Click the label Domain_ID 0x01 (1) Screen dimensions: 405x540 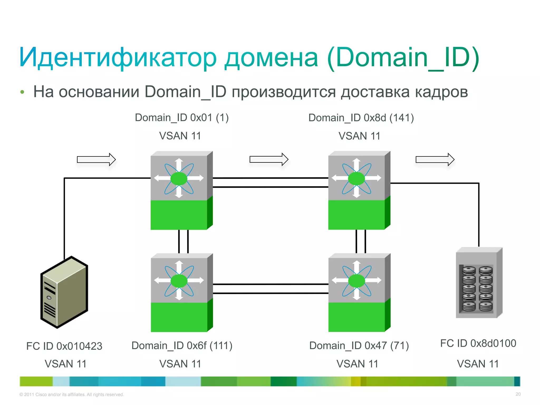(x=182, y=118)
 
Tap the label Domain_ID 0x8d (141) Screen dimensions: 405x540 (x=361, y=118)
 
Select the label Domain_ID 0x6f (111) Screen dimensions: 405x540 (x=182, y=345)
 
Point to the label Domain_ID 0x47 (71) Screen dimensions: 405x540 (x=359, y=345)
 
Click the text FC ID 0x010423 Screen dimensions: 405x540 (x=64, y=346)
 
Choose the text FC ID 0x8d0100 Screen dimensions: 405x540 (x=478, y=343)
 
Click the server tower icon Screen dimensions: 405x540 (x=64, y=292)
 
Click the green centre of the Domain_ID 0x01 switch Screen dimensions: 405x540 (x=179, y=179)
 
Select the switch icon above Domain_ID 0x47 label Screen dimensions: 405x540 (x=359, y=293)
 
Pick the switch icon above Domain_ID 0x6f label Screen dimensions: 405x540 (x=181, y=293)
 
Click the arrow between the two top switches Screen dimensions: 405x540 (x=269, y=159)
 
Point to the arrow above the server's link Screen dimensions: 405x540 (x=96, y=160)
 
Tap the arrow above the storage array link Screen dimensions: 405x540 (x=435, y=160)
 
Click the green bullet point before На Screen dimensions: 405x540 (x=22, y=92)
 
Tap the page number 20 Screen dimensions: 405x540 (x=518, y=394)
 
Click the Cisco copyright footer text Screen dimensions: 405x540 (x=72, y=394)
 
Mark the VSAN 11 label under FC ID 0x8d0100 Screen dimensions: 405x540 (x=478, y=364)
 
